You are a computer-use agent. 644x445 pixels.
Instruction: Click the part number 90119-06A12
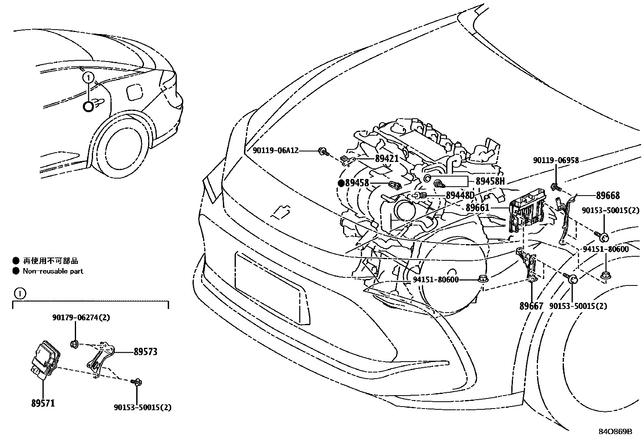click(275, 151)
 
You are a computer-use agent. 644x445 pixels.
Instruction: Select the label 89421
click(387, 159)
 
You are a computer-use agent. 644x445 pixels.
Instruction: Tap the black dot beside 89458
click(341, 183)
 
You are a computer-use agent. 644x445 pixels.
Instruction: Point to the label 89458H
click(490, 181)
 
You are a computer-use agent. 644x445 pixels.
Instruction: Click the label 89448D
click(460, 196)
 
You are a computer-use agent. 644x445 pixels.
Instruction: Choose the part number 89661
click(477, 208)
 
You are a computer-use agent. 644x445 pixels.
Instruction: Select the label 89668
click(608, 196)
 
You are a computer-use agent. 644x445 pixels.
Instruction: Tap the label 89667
click(531, 306)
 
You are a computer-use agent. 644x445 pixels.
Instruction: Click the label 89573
click(145, 352)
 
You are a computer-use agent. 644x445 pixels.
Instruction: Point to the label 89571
click(43, 403)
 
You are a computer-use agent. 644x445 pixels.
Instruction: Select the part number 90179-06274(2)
click(81, 317)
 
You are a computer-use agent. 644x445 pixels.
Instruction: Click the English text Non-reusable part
click(53, 271)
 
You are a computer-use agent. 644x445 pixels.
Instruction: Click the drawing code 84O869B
click(615, 432)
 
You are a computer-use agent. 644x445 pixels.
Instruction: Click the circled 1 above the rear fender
click(89, 77)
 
